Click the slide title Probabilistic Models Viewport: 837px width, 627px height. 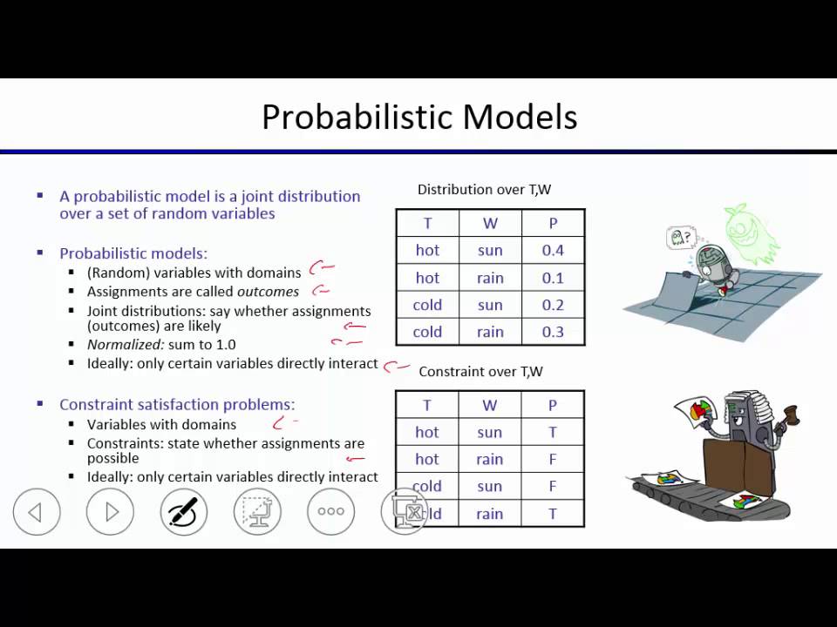[x=419, y=117]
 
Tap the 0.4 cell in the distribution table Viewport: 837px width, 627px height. [x=553, y=251]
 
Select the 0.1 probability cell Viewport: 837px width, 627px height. [x=553, y=278]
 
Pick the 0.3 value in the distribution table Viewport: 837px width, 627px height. [x=553, y=332]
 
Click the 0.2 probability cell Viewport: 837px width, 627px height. [x=553, y=305]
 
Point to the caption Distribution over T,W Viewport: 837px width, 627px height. [x=484, y=189]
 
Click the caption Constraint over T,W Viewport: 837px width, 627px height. [x=480, y=371]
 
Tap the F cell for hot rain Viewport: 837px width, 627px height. [x=553, y=459]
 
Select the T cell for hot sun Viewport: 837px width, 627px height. [x=553, y=432]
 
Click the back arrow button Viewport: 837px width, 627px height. [x=37, y=512]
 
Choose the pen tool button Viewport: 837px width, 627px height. [x=184, y=512]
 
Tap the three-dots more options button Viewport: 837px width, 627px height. [x=330, y=512]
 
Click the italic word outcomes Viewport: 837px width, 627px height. [x=268, y=292]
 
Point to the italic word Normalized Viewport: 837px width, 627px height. [x=126, y=345]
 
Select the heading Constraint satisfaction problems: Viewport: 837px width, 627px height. [x=177, y=404]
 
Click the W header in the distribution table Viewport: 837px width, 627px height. [x=490, y=224]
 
